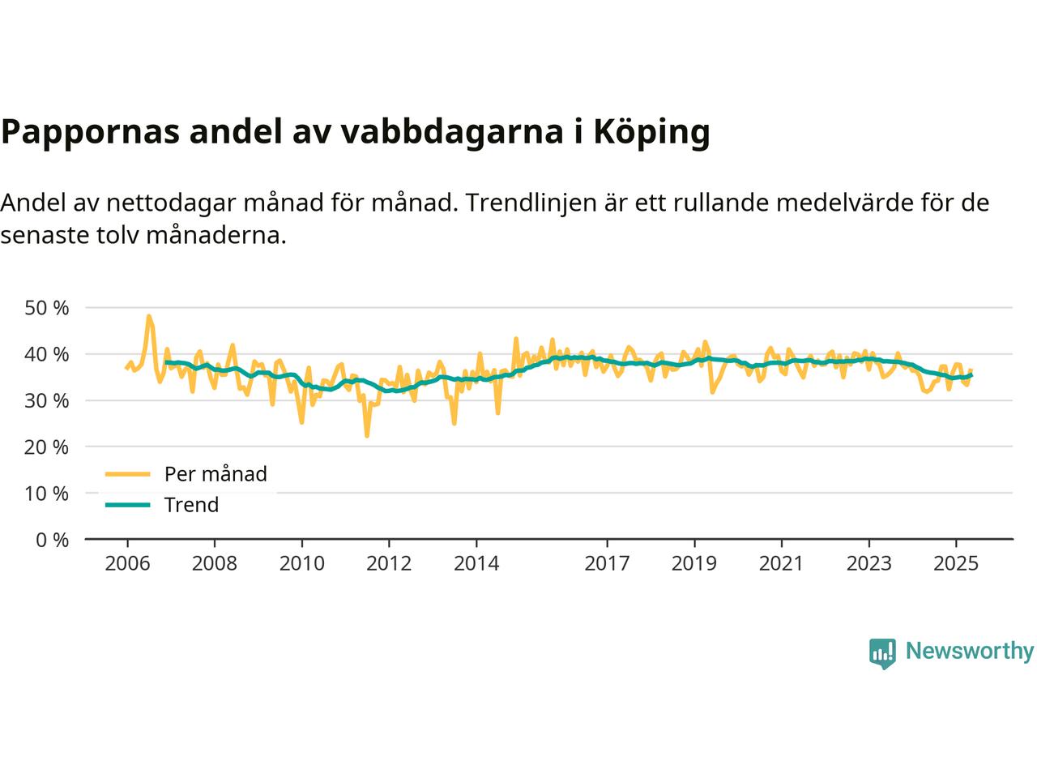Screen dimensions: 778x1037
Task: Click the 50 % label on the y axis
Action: click(x=47, y=308)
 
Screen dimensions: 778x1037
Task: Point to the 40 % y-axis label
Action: click(x=47, y=354)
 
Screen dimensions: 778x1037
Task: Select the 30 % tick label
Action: click(x=47, y=400)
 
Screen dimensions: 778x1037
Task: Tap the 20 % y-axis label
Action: click(x=47, y=447)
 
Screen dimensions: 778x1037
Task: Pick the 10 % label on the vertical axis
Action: click(x=47, y=493)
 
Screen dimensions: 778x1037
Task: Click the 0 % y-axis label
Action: click(x=52, y=539)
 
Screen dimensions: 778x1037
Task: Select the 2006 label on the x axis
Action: click(x=127, y=562)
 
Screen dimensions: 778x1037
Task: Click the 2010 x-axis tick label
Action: click(x=301, y=562)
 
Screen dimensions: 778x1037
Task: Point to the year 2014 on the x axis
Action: click(x=476, y=562)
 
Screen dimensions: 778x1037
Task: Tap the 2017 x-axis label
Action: click(x=607, y=562)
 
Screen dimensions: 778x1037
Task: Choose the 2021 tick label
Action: click(x=781, y=562)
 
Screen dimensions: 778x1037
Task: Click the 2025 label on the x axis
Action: click(x=956, y=562)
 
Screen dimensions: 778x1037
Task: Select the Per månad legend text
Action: click(x=216, y=473)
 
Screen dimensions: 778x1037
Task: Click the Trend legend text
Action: click(x=191, y=505)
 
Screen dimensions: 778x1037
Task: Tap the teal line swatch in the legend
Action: click(x=128, y=505)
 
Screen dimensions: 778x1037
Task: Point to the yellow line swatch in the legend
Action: click(x=128, y=473)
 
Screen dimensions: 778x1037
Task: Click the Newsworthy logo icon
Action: click(x=882, y=652)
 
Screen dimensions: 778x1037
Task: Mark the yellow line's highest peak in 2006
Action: click(x=148, y=316)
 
